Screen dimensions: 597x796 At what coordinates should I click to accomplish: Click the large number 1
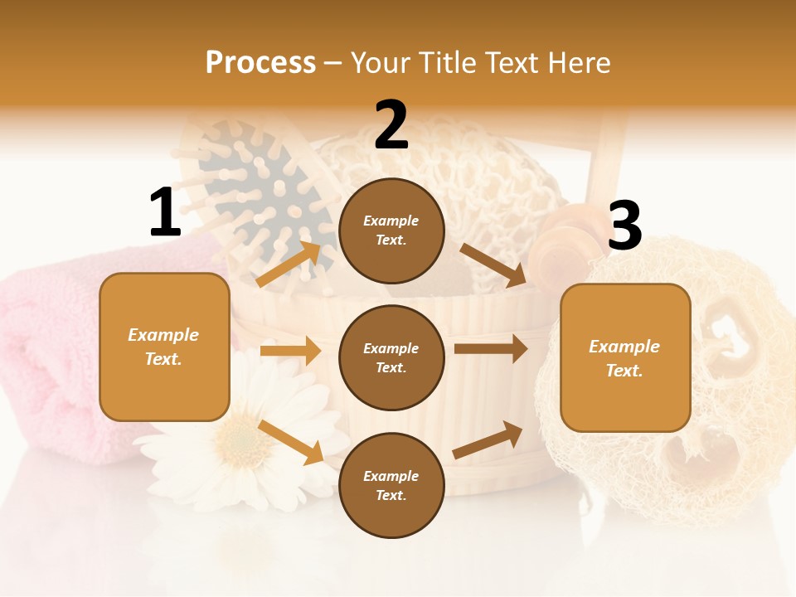(x=165, y=213)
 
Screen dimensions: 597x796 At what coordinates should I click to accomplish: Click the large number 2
(x=391, y=125)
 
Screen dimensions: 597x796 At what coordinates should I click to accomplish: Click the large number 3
(x=624, y=226)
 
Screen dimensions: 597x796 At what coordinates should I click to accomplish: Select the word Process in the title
(x=260, y=62)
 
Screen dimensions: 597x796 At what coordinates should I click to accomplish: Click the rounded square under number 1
(x=164, y=347)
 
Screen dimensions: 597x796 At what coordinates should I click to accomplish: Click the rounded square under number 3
(x=625, y=357)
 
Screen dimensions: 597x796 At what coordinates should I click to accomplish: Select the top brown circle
(x=391, y=231)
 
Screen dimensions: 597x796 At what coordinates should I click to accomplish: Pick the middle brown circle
(x=391, y=357)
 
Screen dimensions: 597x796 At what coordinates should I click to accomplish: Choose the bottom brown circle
(x=391, y=485)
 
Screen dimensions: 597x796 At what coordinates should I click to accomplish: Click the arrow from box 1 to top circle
(x=288, y=265)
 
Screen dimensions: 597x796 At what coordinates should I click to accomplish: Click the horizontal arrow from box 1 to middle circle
(x=290, y=351)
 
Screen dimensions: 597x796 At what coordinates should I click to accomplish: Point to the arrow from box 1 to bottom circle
(x=291, y=442)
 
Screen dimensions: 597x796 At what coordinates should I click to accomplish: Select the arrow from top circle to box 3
(x=493, y=265)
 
